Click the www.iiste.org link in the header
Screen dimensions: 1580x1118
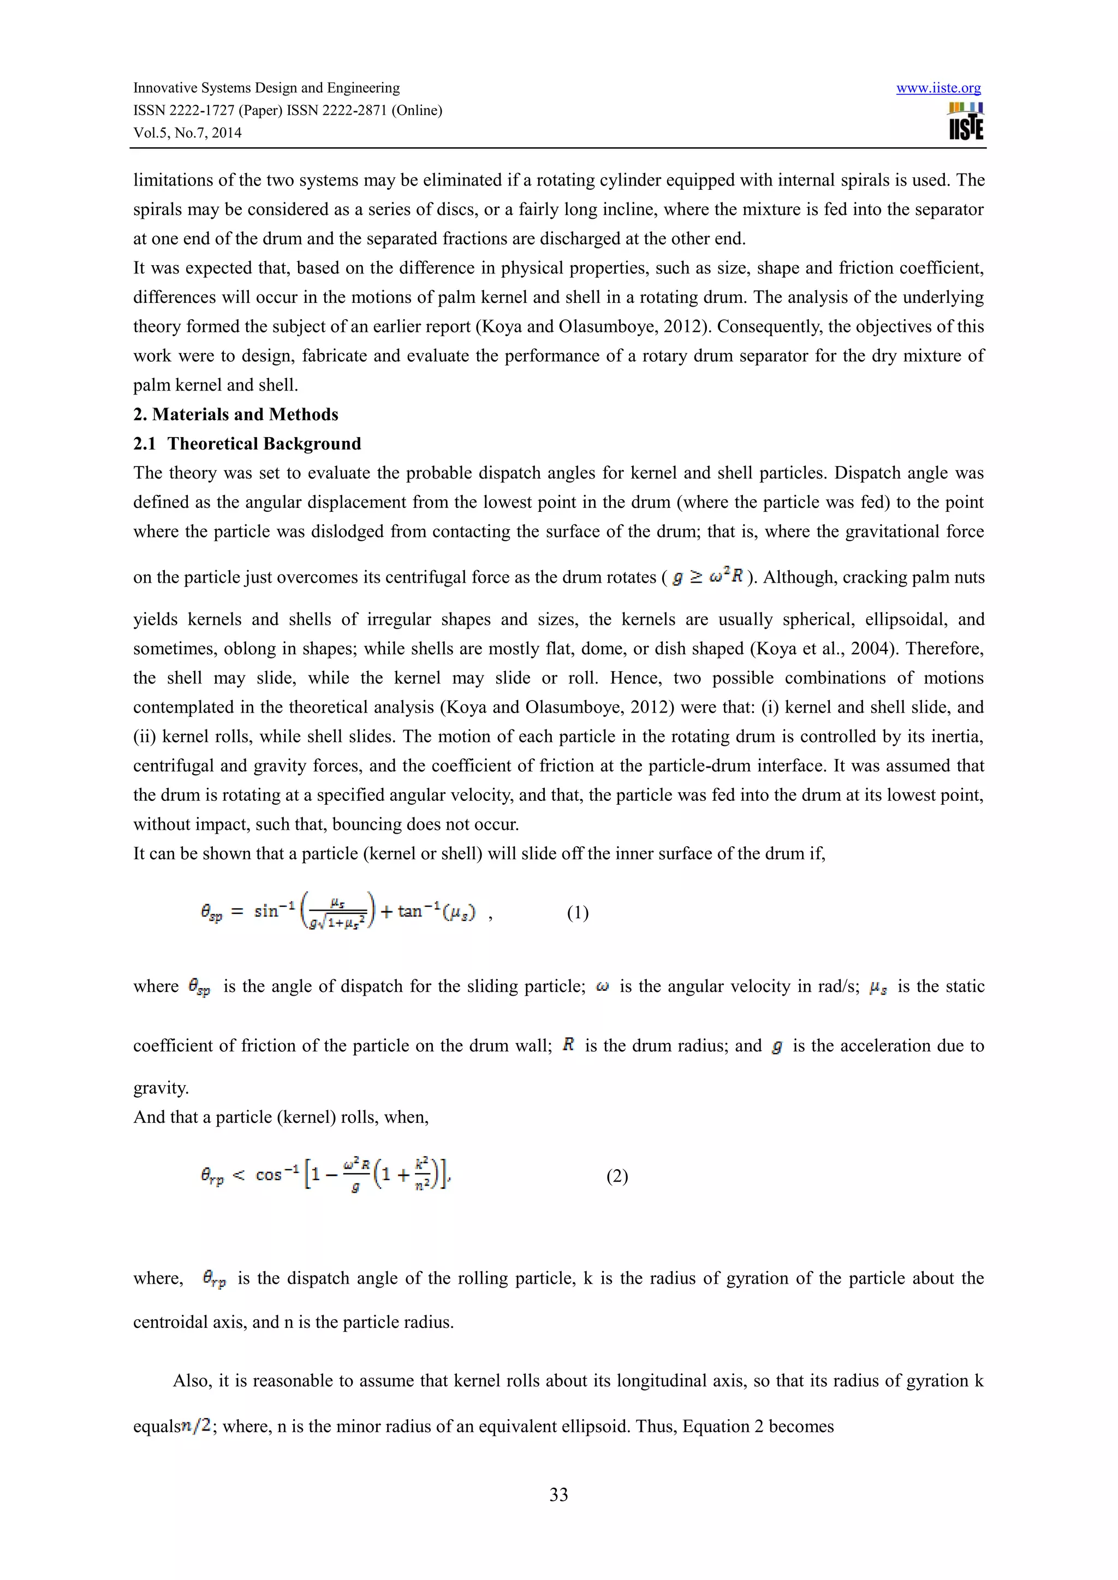pyautogui.click(x=938, y=88)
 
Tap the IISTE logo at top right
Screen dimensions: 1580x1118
pyautogui.click(x=966, y=121)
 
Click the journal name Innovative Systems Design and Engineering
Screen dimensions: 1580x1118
pyautogui.click(x=266, y=88)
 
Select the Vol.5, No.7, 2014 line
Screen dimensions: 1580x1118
pyautogui.click(x=187, y=133)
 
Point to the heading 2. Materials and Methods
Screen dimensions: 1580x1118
pyautogui.click(x=235, y=414)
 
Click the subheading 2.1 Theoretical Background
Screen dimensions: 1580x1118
pyautogui.click(x=247, y=444)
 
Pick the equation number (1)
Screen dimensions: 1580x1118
pyautogui.click(x=578, y=913)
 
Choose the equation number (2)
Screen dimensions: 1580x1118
pyautogui.click(x=617, y=1176)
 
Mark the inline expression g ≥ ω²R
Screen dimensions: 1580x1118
pyautogui.click(x=707, y=577)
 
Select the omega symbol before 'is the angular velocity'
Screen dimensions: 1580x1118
pyautogui.click(x=602, y=986)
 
